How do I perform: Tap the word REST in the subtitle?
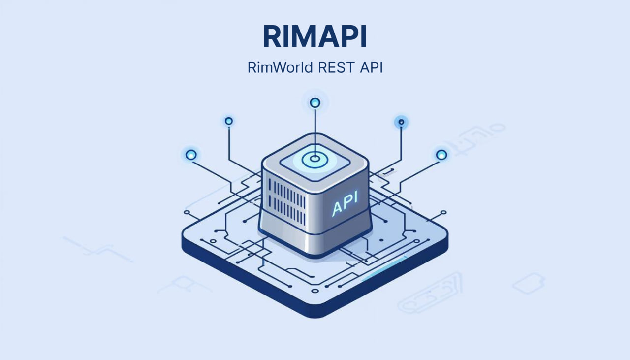(x=336, y=67)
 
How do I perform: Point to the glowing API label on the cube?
(x=345, y=203)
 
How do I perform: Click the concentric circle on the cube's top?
(x=315, y=159)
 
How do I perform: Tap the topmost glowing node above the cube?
(x=315, y=103)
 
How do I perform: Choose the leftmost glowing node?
(x=191, y=155)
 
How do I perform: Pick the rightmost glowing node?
(x=441, y=154)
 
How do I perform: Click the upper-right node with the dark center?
(x=401, y=122)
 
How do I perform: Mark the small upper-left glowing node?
(x=229, y=121)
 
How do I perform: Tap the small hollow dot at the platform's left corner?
(x=186, y=212)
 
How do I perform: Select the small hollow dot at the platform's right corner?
(x=443, y=212)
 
